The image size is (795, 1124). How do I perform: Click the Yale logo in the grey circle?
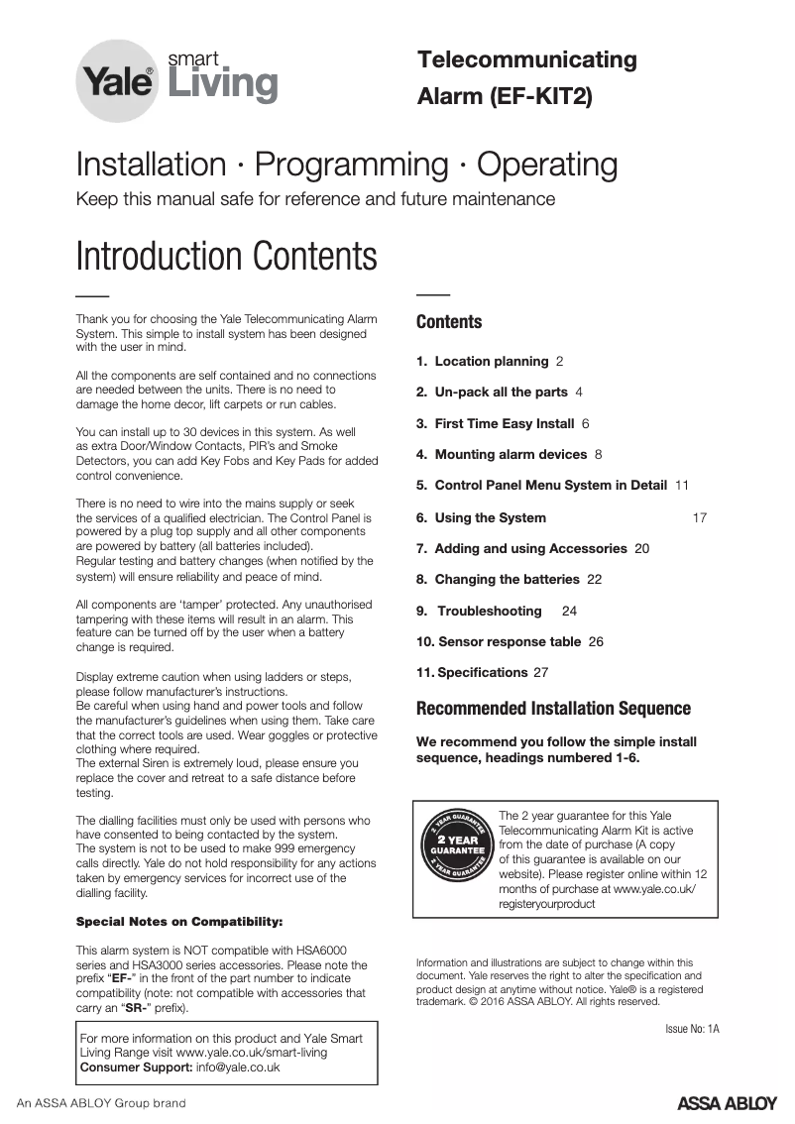117,81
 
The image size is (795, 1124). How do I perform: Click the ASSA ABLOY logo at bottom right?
727,1103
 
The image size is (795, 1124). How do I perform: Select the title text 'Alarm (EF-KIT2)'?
505,97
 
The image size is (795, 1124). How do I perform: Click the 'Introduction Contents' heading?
226,256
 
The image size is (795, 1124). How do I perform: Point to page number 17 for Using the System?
699,517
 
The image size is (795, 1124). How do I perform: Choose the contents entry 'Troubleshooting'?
490,611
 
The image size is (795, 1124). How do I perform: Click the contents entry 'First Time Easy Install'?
505,423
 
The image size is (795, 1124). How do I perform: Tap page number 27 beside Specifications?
540,672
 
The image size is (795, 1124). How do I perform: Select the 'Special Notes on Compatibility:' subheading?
179,921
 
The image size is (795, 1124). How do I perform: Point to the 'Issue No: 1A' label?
692,1028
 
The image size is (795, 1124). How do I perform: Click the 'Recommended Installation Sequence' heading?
553,709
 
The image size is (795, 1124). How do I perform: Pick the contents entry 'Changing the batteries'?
507,579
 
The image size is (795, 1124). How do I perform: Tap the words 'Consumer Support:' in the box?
136,1068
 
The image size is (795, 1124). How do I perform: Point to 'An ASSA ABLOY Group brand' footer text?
101,1103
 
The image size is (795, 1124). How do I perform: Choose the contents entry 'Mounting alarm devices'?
511,454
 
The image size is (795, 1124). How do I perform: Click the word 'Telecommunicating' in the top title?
527,59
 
